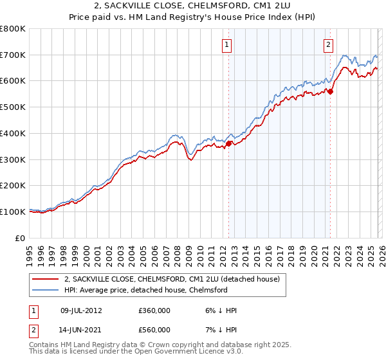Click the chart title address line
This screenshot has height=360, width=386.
point(193,6)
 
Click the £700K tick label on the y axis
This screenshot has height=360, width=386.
point(13,55)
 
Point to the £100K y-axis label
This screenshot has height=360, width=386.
point(13,212)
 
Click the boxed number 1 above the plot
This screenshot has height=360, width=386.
point(228,44)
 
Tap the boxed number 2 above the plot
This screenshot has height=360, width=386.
point(329,44)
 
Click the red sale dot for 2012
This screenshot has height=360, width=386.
point(228,144)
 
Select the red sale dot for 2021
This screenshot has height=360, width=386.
point(330,92)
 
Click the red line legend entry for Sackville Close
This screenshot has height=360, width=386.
point(171,279)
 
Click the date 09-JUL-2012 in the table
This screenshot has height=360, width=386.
point(80,310)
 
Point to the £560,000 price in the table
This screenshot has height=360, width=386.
point(154,329)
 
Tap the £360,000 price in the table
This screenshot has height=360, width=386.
point(154,310)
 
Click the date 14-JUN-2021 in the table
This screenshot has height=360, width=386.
point(80,329)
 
